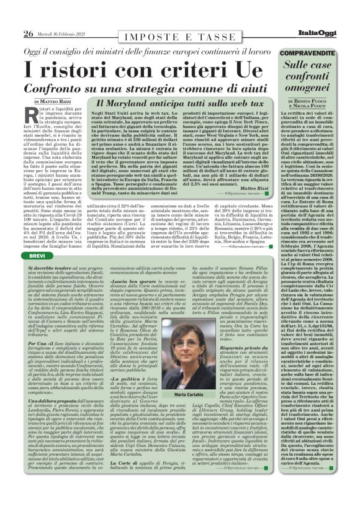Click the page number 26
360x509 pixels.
point(28,33)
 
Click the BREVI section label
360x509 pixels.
point(37,238)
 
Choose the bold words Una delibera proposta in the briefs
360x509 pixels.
point(58,418)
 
